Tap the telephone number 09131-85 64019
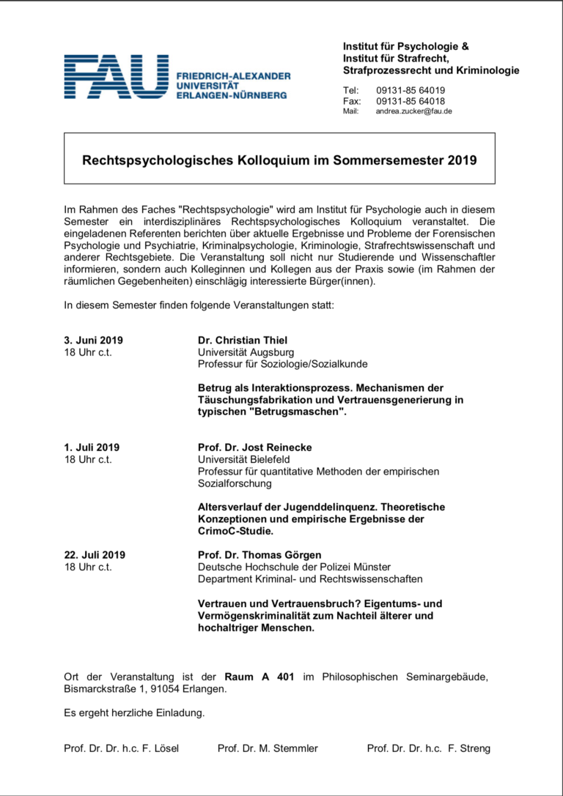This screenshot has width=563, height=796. [411, 91]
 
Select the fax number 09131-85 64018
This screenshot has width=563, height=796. [411, 101]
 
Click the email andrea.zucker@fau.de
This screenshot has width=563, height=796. [413, 111]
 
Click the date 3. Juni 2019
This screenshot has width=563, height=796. [94, 340]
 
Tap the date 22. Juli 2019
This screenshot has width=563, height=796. [95, 554]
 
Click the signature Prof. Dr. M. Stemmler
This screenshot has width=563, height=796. [268, 748]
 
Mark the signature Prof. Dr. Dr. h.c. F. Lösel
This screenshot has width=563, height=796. [121, 748]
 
